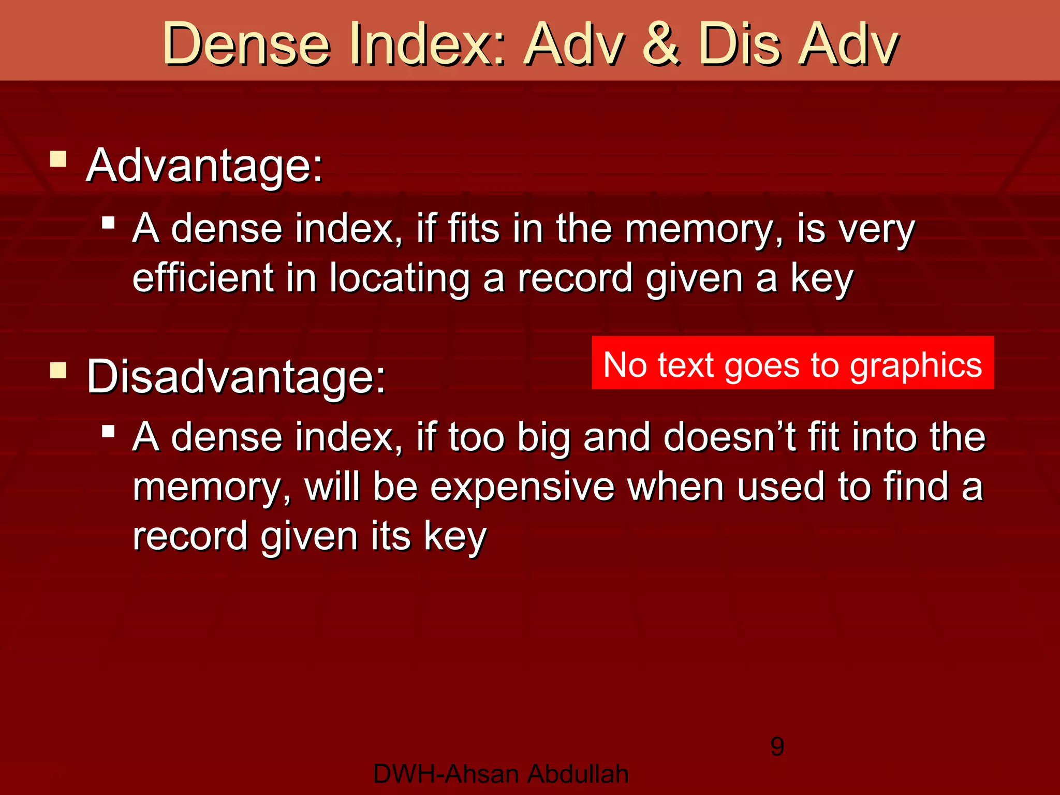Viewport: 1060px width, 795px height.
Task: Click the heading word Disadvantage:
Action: pyautogui.click(x=236, y=377)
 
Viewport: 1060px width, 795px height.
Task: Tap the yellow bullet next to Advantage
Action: pyautogui.click(x=58, y=159)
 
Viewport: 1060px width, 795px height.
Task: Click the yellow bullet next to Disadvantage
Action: pyautogui.click(x=58, y=370)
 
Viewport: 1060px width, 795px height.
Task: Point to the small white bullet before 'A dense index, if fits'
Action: pyautogui.click(x=108, y=223)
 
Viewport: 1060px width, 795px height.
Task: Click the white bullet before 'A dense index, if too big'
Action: pyautogui.click(x=108, y=431)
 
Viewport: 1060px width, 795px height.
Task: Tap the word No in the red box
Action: pyautogui.click(x=625, y=364)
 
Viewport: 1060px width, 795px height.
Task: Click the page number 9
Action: pyautogui.click(x=777, y=746)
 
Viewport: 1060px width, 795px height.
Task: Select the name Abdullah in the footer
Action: pyautogui.click(x=578, y=774)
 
